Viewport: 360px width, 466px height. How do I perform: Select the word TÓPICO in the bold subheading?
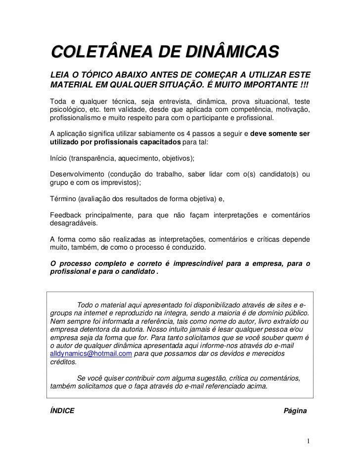(x=100, y=75)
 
